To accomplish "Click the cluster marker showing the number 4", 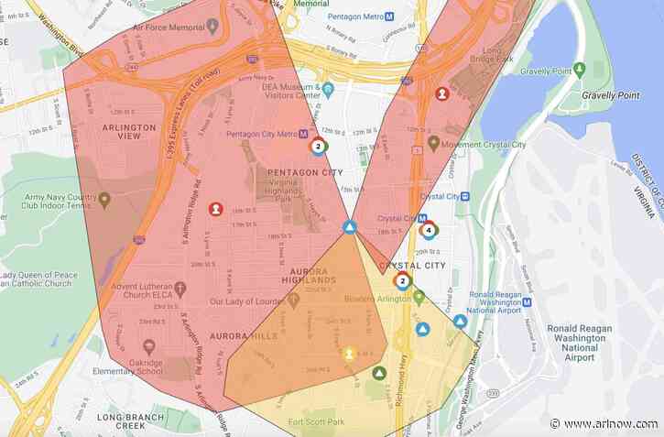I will (x=429, y=230).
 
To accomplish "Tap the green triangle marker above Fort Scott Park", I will (x=379, y=373).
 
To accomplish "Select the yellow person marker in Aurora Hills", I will (x=348, y=353).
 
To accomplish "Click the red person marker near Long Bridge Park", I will (x=442, y=93).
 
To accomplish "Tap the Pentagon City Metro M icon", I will (x=316, y=132).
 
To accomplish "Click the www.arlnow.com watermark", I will (x=612, y=423).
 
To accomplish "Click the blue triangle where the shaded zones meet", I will (x=350, y=226).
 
